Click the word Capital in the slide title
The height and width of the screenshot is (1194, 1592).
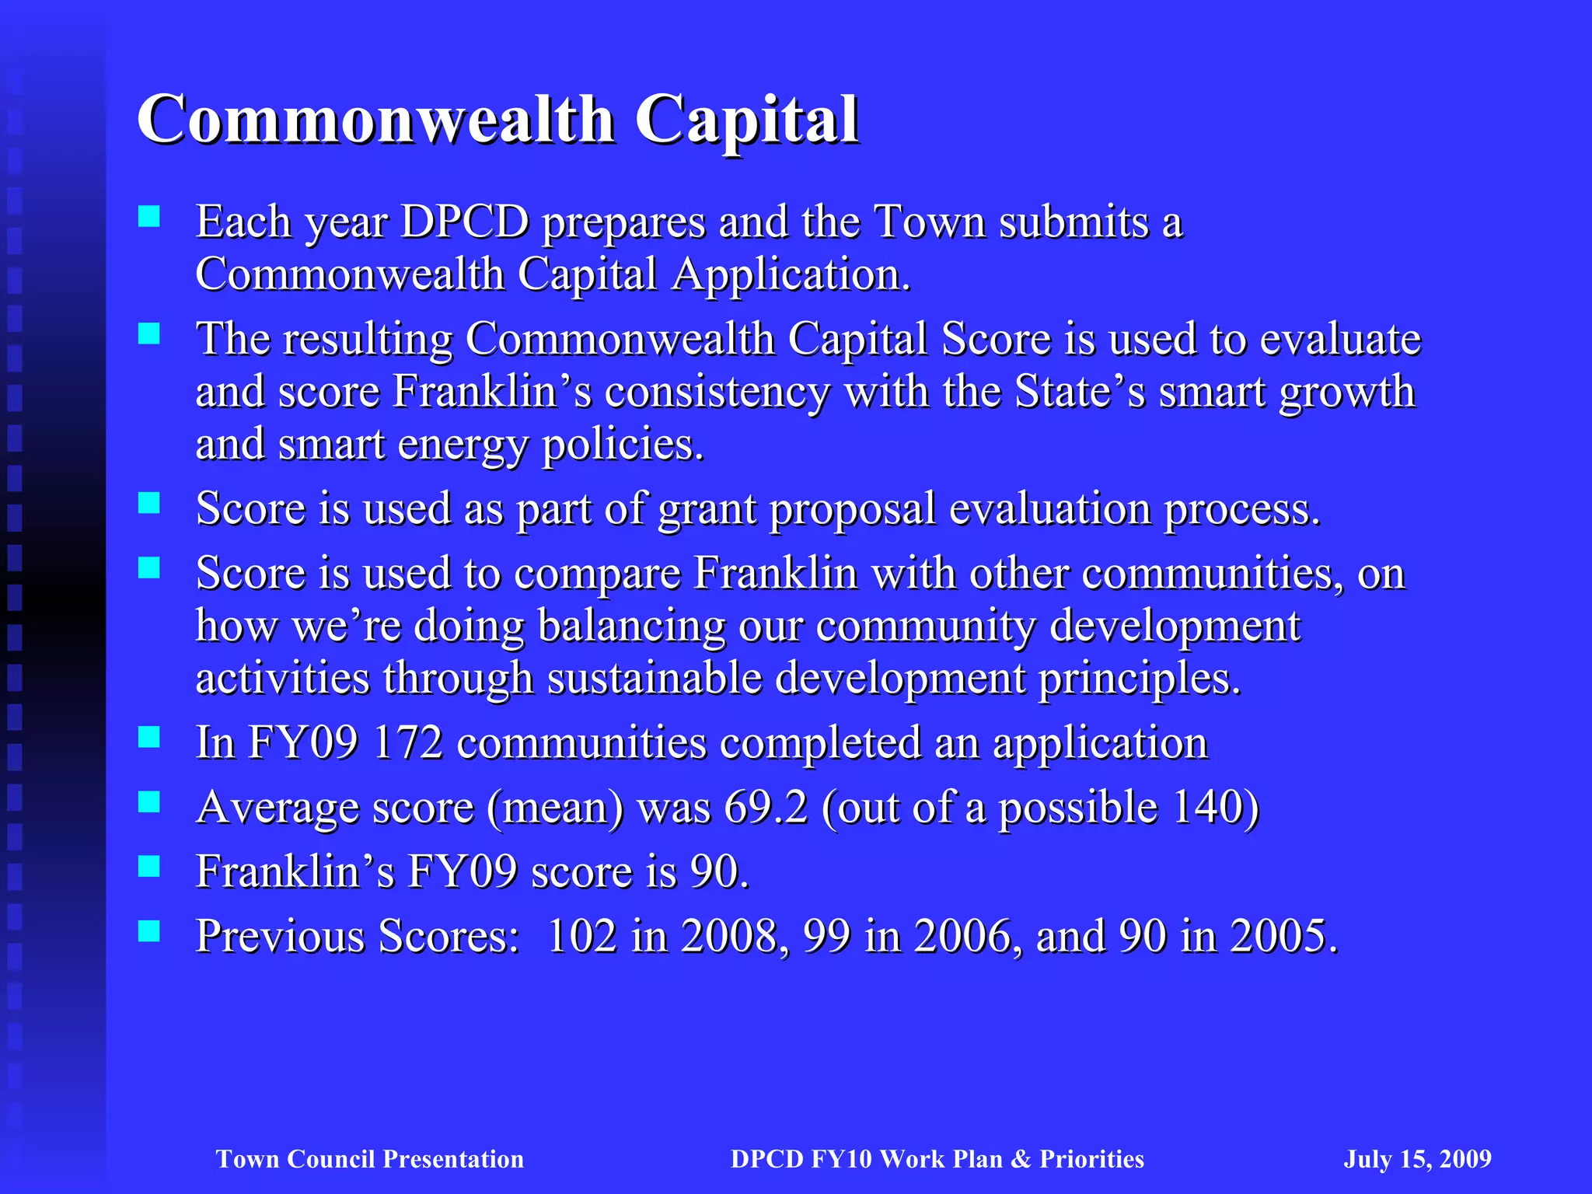click(747, 120)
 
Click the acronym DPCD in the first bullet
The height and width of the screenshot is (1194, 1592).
click(465, 222)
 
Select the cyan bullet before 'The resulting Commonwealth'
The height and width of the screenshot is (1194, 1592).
click(148, 333)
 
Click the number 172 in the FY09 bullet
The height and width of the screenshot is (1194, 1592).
click(407, 742)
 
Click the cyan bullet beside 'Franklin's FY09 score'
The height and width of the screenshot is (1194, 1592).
click(148, 866)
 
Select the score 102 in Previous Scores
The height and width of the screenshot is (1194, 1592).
click(581, 936)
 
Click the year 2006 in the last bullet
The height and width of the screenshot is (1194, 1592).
click(963, 936)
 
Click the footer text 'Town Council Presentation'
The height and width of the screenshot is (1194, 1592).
click(370, 1159)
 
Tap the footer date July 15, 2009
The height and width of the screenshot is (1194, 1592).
click(1417, 1159)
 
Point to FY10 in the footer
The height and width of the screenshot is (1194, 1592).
click(842, 1159)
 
